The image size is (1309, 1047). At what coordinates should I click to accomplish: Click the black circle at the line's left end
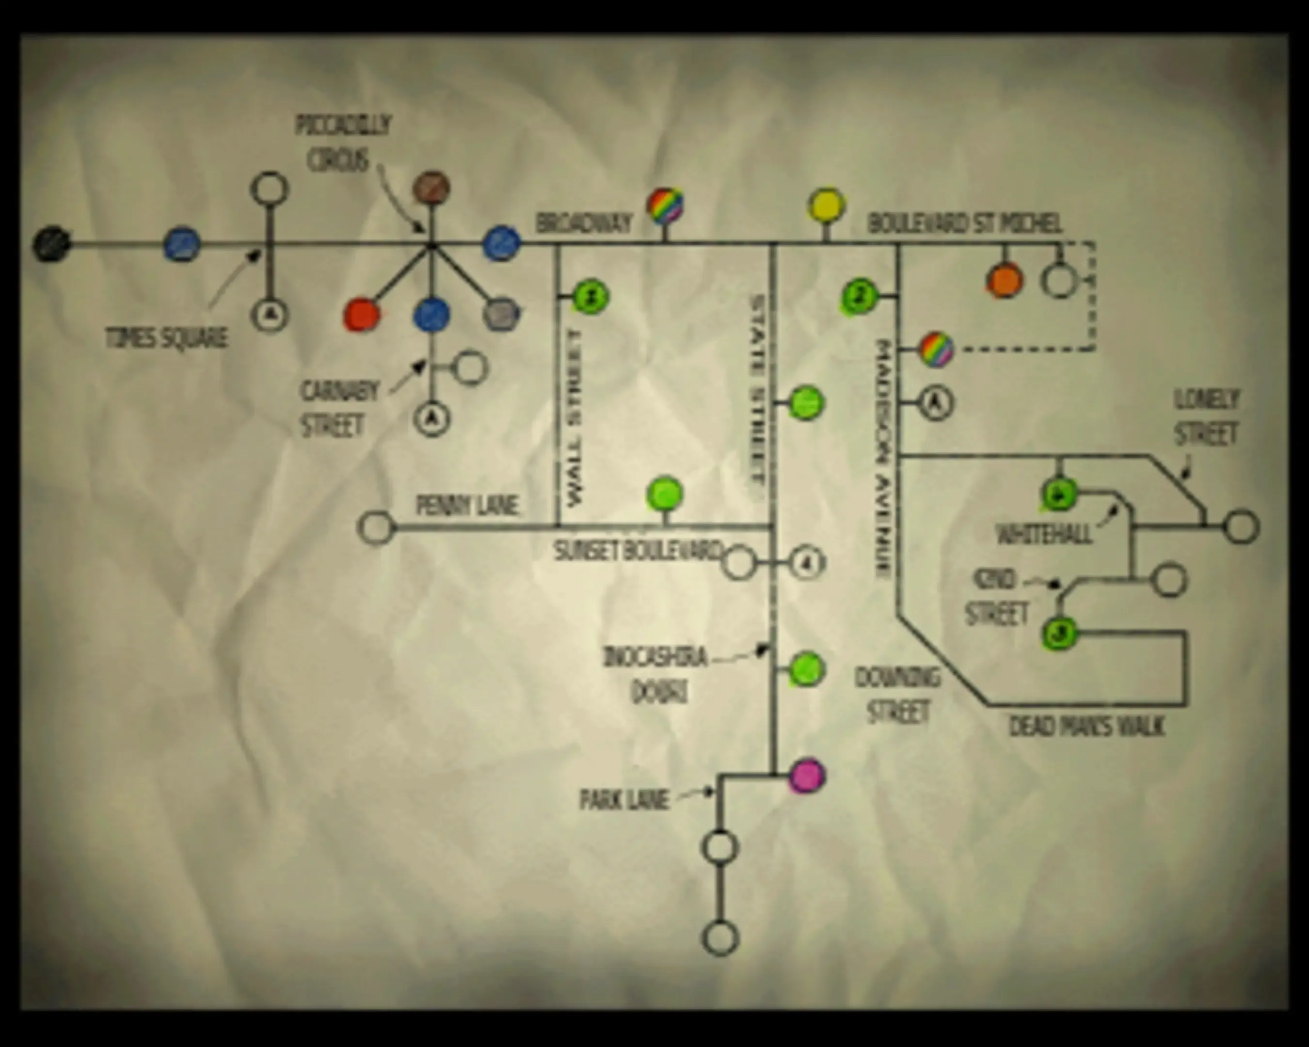[51, 245]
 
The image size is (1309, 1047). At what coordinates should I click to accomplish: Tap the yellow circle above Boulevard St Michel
[826, 206]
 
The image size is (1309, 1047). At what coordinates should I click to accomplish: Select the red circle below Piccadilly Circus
[361, 316]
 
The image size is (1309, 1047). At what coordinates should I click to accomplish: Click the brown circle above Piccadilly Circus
[431, 188]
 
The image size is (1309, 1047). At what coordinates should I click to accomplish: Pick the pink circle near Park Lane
[807, 776]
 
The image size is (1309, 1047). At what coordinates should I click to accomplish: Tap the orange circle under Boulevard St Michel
[1004, 281]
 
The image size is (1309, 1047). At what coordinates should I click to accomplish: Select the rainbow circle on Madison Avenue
[936, 349]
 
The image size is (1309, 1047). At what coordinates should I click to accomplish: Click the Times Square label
[166, 337]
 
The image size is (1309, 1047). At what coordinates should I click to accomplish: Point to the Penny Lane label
[467, 505]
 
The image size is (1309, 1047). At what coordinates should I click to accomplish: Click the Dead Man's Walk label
[1087, 726]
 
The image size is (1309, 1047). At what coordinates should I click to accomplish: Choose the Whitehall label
[1044, 534]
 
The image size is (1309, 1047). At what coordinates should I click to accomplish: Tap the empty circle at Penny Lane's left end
[376, 527]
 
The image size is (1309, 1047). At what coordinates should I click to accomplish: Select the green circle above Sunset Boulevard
[665, 494]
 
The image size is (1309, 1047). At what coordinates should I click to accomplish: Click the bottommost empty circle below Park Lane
[720, 938]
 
